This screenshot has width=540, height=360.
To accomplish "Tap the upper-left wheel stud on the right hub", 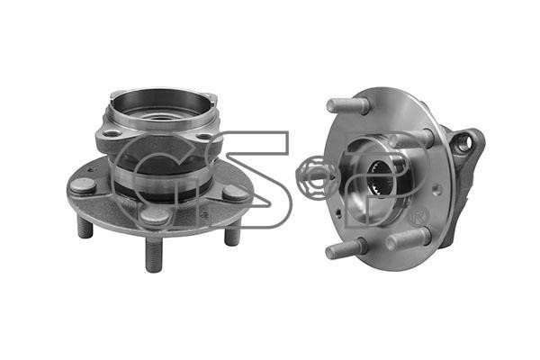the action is [x=347, y=105].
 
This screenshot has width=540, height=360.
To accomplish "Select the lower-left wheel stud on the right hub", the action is [x=346, y=248].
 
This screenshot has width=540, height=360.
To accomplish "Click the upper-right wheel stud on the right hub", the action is [x=411, y=138].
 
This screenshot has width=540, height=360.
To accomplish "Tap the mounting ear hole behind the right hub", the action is [x=463, y=143].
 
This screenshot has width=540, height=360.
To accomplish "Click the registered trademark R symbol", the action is [x=419, y=216].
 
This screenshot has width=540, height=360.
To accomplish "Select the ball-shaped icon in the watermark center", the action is [x=313, y=176].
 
